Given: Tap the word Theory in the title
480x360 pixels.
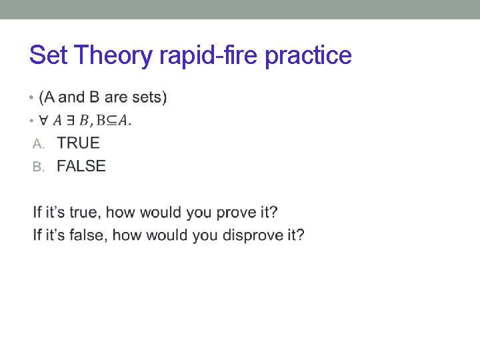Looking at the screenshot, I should tap(113, 55).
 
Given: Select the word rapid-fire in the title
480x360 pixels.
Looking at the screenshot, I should tap(209, 55).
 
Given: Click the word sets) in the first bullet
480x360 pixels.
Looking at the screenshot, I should tap(148, 97).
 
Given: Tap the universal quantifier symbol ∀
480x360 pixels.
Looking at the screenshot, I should tap(43, 121).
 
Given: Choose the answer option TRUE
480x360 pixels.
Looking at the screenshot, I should tap(78, 143).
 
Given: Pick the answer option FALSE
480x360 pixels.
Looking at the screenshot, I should tap(81, 165).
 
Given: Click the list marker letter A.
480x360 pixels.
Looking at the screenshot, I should tap(37, 143).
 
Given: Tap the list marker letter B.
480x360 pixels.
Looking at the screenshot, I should tap(37, 166).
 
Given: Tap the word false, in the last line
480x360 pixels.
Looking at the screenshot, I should tap(87, 235).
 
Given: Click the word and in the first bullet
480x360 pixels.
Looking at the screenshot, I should tap(72, 97).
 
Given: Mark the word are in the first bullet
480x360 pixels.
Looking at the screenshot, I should tap(116, 97).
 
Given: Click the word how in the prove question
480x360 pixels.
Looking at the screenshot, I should tap(121, 213).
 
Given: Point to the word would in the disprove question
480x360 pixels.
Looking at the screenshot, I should tap(167, 235).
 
